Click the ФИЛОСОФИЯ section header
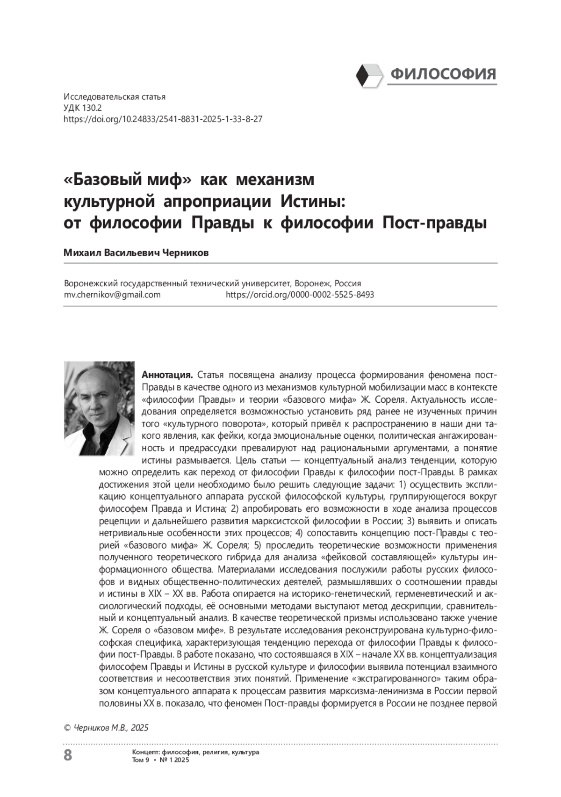click(443, 74)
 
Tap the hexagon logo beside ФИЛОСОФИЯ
click(369, 74)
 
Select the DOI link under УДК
click(163, 119)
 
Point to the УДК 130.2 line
click(83, 108)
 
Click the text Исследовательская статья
click(115, 97)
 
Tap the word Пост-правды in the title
click(435, 223)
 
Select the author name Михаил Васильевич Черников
click(136, 253)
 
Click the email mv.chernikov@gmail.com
click(112, 295)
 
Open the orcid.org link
click(300, 295)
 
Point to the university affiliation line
click(212, 283)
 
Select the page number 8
click(68, 754)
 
